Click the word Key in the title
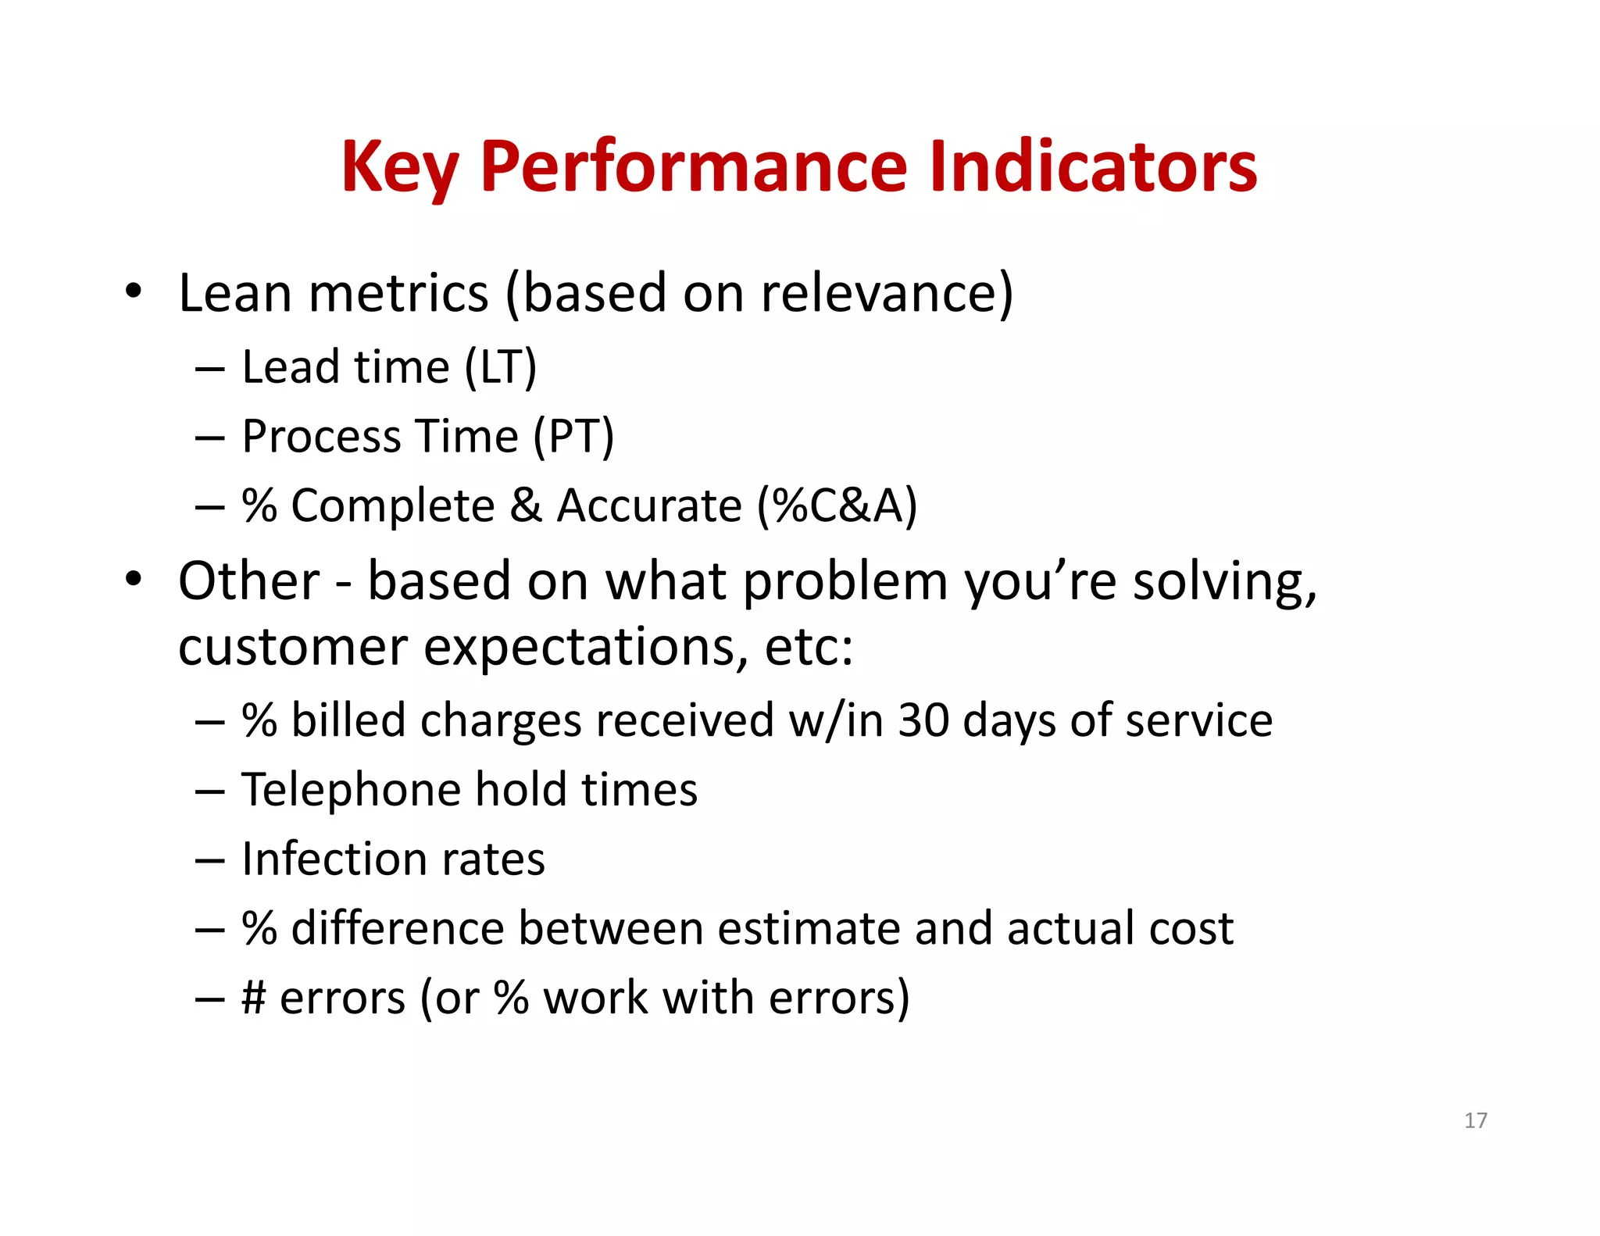click(x=399, y=166)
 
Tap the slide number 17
click(x=1475, y=1120)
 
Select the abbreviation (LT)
click(x=500, y=367)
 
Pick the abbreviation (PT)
click(x=573, y=436)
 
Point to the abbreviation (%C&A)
click(x=837, y=505)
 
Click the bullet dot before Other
click(x=134, y=580)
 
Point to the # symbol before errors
click(x=254, y=998)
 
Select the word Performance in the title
click(x=693, y=166)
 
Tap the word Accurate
click(x=648, y=505)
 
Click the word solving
click(x=1223, y=581)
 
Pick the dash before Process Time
click(x=209, y=438)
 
